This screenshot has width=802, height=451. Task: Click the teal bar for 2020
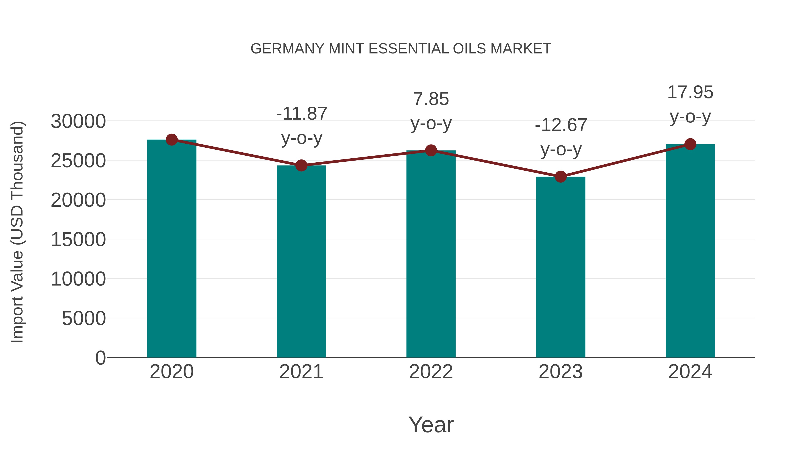(172, 249)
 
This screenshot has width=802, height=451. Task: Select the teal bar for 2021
(301, 261)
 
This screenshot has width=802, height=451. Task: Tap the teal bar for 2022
(431, 254)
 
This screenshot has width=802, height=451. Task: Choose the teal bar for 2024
(690, 251)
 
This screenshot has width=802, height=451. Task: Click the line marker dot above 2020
(172, 140)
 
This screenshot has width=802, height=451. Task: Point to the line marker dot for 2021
(301, 165)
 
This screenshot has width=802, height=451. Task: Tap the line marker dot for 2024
(690, 144)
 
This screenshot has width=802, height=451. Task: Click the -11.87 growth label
(301, 114)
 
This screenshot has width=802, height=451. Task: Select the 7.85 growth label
(431, 99)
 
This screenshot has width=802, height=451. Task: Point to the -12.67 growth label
(561, 125)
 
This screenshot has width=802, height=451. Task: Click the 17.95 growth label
(690, 92)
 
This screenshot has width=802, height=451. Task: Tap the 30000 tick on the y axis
(78, 121)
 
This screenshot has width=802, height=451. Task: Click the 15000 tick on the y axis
(78, 240)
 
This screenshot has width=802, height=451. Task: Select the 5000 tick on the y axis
(84, 318)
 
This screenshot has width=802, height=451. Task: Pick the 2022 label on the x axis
(431, 372)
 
